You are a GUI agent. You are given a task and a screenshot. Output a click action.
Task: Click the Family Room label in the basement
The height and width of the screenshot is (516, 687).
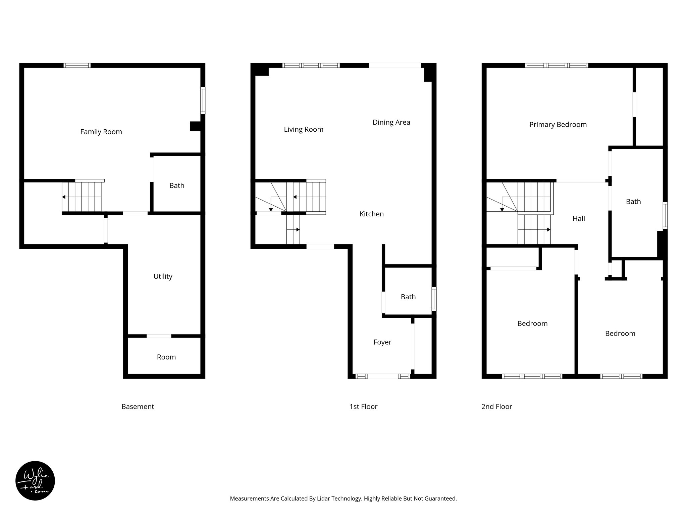pos(101,132)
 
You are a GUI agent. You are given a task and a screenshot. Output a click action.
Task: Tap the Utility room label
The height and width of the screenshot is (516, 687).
pos(163,276)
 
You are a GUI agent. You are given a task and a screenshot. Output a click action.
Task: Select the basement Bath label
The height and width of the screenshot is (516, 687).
pos(177,185)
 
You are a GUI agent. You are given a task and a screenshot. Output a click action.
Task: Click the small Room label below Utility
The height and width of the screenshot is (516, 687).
pos(166,357)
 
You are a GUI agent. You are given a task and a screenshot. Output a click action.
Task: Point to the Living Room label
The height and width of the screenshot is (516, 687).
pos(304,129)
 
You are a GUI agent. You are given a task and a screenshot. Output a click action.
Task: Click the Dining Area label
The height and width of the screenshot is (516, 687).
pos(391,122)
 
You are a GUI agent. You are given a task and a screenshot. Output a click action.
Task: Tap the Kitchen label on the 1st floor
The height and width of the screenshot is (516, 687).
pos(371,214)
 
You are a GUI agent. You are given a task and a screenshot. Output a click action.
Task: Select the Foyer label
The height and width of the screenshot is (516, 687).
pos(382,342)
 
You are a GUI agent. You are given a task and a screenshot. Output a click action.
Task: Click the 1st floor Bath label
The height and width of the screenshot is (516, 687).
pos(408,297)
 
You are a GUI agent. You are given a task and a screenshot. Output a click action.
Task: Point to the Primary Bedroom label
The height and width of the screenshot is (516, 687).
pos(558,125)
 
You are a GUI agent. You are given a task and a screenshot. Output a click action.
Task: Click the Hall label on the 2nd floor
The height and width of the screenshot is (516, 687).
pos(579,219)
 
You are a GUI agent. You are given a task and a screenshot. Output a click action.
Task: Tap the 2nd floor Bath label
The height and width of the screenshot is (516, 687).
pos(633,202)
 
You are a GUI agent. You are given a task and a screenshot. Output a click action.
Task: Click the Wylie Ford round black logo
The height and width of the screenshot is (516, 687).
pos(35,481)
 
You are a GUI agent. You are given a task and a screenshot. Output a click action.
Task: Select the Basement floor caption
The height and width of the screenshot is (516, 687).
pos(138,406)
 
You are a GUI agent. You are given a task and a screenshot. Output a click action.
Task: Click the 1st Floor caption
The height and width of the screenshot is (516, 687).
pos(363,406)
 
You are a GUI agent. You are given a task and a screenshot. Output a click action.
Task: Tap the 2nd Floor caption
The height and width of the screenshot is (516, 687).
pos(496,406)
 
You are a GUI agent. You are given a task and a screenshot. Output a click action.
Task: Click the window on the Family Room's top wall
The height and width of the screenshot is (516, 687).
pos(77,66)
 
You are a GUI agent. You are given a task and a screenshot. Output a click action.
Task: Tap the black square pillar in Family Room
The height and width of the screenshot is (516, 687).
pos(195,126)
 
